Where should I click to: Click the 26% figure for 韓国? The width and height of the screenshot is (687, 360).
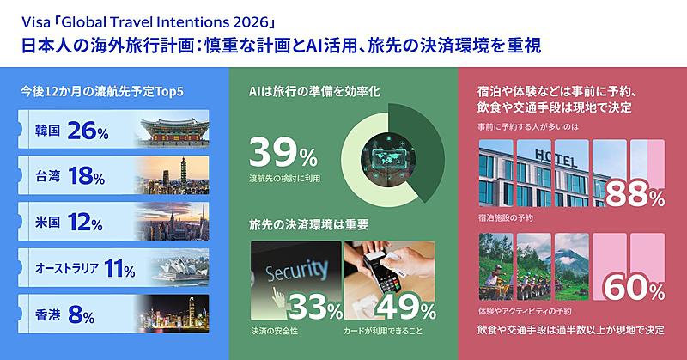88,131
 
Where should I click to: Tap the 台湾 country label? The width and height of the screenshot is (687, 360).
47,176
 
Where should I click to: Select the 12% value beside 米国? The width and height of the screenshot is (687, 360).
85,223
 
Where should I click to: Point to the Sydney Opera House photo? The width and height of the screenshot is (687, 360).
180,267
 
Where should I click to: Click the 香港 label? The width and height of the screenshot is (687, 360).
47,314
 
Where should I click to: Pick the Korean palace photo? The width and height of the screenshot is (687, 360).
174,130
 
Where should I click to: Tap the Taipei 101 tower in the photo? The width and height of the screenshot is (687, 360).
183,174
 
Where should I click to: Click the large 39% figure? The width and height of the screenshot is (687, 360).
283,153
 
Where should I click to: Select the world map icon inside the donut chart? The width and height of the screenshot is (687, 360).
388,158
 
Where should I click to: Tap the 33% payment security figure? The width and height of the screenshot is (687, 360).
315,308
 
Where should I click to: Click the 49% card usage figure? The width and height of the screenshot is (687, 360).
406,308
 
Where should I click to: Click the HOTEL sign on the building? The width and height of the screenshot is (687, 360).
556,158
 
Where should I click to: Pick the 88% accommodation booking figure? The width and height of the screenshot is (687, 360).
635,195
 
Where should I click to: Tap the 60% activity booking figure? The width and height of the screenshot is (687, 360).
635,288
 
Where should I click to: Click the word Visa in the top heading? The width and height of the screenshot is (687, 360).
35,22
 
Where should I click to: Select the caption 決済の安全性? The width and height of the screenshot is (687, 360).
274,331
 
